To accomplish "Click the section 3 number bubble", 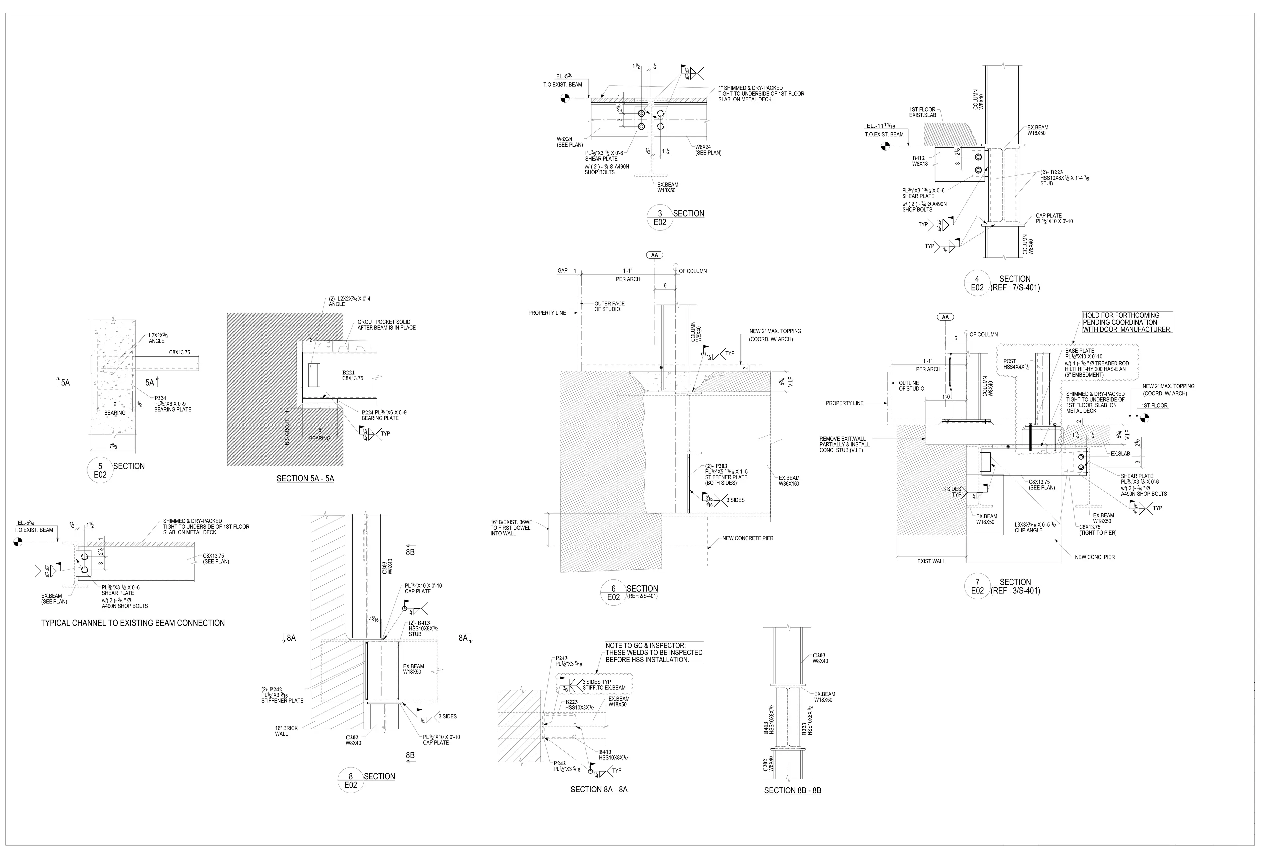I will tap(660, 218).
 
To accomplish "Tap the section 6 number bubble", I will tap(614, 593).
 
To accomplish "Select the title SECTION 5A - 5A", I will tap(305, 479).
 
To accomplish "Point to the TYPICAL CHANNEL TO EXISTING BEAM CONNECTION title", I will tap(133, 623).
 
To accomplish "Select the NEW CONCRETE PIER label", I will tap(748, 539).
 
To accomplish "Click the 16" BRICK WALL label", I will tap(286, 731).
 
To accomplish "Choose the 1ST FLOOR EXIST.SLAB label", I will tap(922, 112).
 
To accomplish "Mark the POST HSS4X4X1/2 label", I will tap(1010, 364).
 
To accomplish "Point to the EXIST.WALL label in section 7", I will tap(931, 562).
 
